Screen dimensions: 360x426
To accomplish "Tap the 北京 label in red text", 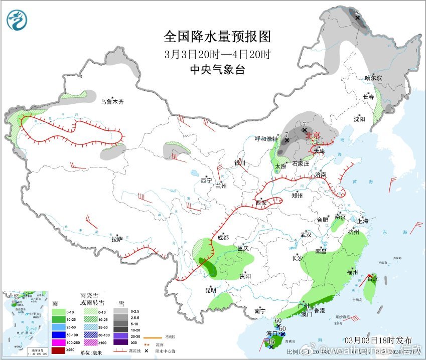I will pos(313,135).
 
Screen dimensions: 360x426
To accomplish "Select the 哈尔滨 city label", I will pos(373,78).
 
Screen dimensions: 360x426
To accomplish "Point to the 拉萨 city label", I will pos(117,240).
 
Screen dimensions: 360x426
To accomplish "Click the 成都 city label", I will pos(223,237).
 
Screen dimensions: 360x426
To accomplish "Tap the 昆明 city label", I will pos(210,290).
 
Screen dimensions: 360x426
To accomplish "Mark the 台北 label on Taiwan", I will pos(372,279).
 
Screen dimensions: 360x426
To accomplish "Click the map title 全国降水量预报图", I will pos(217,37).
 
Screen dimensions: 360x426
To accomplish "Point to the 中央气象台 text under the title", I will pos(217,70).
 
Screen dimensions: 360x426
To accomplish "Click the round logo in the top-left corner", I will pos(18,20).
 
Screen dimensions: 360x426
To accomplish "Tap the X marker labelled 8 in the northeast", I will pos(358,18).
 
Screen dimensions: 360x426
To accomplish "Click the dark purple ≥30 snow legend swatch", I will pos(120,342).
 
